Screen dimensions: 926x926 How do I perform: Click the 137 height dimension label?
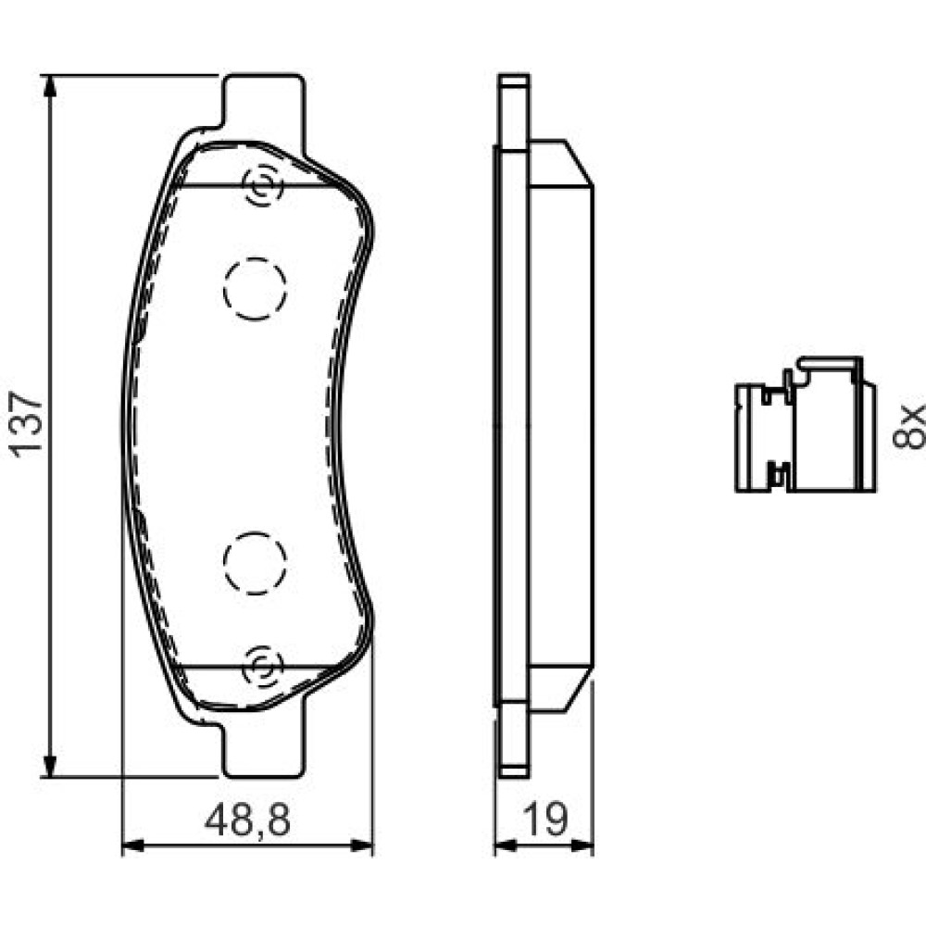pyautogui.click(x=27, y=423)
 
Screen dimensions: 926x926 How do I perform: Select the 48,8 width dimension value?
pyautogui.click(x=247, y=820)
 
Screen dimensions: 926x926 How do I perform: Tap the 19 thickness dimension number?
pyautogui.click(x=545, y=820)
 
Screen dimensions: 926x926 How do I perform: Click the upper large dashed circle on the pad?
pyautogui.click(x=256, y=289)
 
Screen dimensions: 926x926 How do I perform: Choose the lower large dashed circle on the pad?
pyautogui.click(x=256, y=563)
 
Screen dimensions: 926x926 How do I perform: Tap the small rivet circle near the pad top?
pyautogui.click(x=263, y=185)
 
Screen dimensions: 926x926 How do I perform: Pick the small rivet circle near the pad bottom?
pyautogui.click(x=263, y=667)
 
